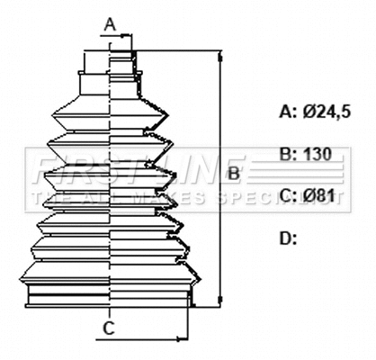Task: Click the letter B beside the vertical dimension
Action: (232, 173)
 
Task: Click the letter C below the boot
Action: (108, 329)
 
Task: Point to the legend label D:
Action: (288, 238)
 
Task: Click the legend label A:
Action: (288, 112)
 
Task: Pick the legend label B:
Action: (288, 154)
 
